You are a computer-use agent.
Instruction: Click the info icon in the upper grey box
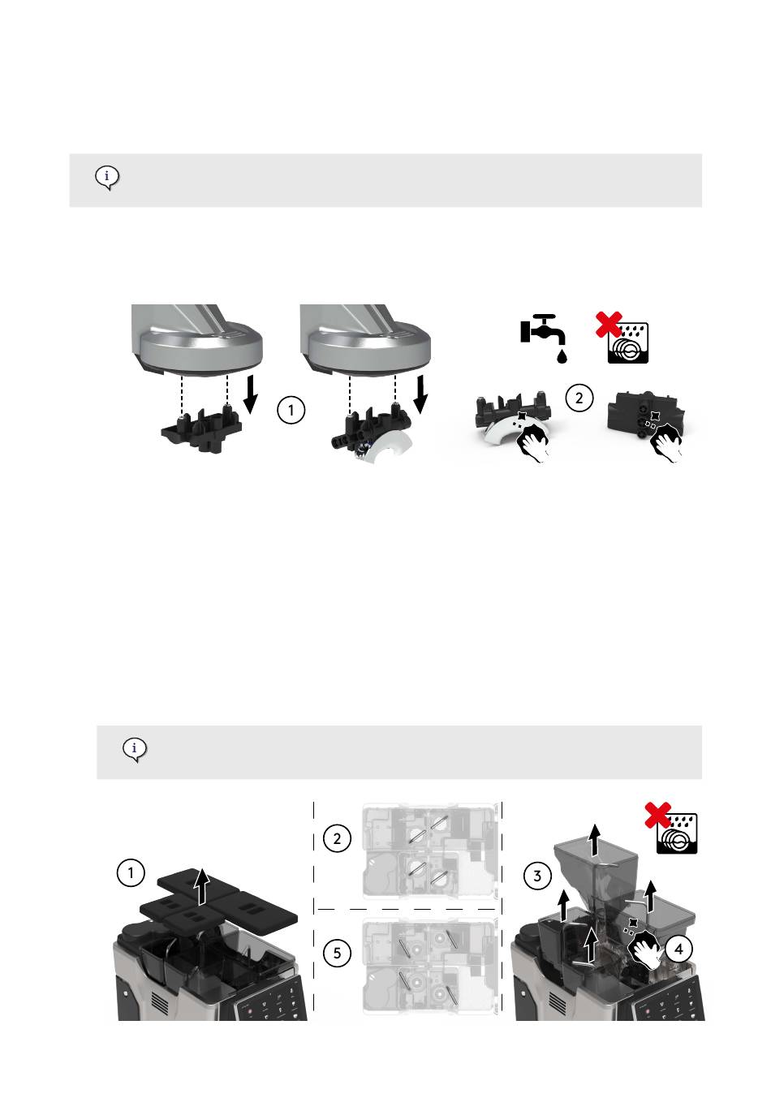pos(107,178)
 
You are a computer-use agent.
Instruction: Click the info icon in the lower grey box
pos(135,749)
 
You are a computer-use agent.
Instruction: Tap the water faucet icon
pos(544,338)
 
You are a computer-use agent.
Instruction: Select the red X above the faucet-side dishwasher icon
pos(609,325)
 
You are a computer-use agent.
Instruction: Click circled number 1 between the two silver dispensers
pos(291,410)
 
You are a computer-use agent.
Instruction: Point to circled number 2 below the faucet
pos(579,398)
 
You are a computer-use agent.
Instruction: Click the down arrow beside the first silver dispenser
pos(252,394)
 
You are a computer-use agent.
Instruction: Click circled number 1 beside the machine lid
pos(131,872)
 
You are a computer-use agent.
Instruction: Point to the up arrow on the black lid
pos(201,886)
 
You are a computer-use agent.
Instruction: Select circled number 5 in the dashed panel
pos(337,953)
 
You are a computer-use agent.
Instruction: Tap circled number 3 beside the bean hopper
pos(537,876)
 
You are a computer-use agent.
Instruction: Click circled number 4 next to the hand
pos(678,950)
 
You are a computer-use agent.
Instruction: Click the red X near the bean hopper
pos(658,816)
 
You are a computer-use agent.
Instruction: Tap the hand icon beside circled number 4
pos(645,949)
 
